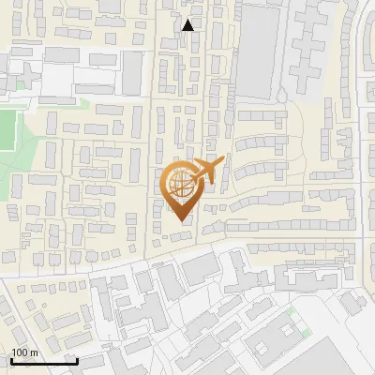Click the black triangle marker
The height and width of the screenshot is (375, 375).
pyautogui.click(x=188, y=25)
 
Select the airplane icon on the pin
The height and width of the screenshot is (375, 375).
pyautogui.click(x=207, y=172)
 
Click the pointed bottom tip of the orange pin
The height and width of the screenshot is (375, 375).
pyautogui.click(x=181, y=220)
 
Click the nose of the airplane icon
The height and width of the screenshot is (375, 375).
pyautogui.click(x=223, y=161)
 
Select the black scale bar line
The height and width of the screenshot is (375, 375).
pyautogui.click(x=44, y=361)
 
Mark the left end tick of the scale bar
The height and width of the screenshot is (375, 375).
pyautogui.click(x=11, y=359)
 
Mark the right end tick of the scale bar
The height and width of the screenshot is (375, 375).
pyautogui.click(x=77, y=359)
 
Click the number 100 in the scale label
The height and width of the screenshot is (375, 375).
pyautogui.click(x=20, y=352)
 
